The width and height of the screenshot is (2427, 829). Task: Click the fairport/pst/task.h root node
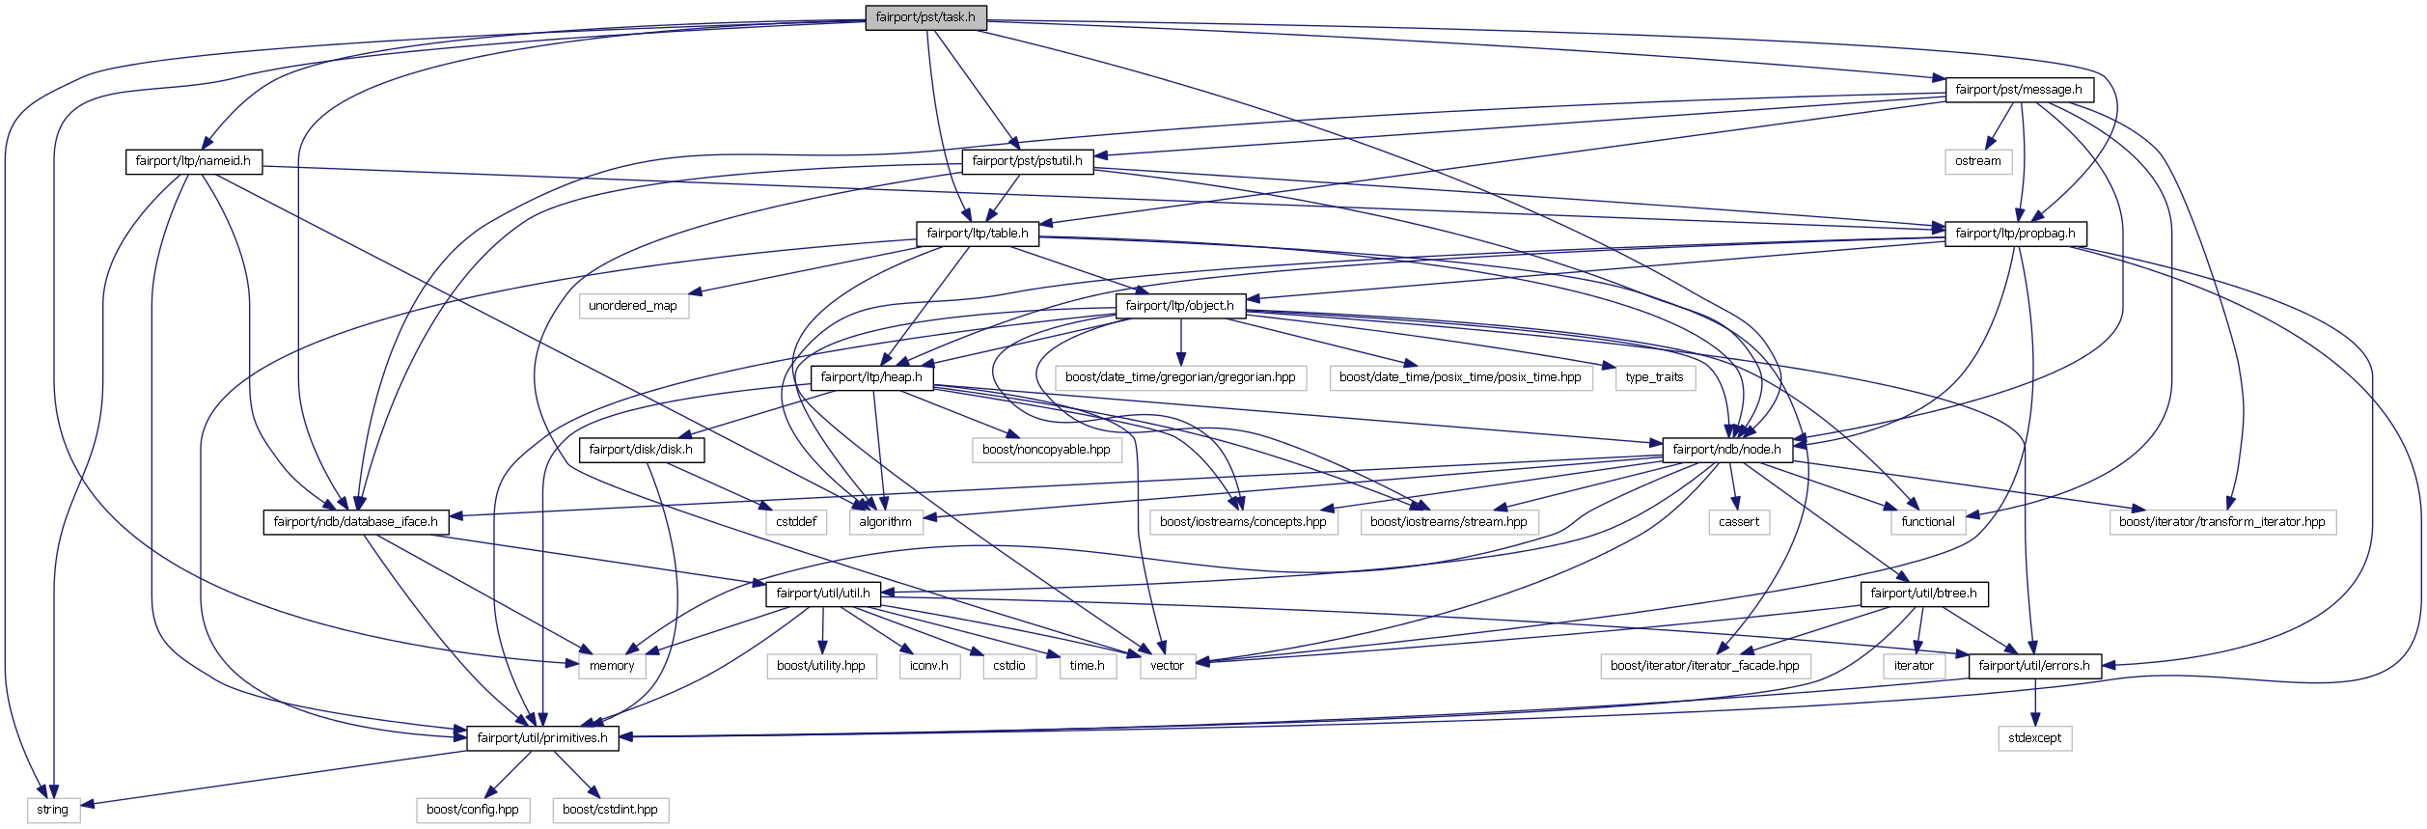925,17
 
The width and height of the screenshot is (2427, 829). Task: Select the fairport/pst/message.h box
2019,90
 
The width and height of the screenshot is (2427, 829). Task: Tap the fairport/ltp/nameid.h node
193,161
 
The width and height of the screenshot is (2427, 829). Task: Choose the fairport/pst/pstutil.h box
1027,161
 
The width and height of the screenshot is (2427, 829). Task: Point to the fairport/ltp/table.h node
978,234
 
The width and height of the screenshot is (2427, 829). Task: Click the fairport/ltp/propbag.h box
2016,234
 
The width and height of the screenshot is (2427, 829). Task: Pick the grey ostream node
1978,161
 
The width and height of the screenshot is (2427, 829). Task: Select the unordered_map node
633,306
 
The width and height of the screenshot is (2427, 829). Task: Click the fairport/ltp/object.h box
1180,306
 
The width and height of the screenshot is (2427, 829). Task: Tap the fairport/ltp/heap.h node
871,377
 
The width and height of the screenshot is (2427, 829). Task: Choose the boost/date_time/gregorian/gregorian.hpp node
1180,377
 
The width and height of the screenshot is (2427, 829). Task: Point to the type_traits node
1654,377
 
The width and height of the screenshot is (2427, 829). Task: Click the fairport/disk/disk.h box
641,450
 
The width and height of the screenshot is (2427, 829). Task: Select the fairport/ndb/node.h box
1727,450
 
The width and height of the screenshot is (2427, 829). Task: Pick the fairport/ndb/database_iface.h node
355,522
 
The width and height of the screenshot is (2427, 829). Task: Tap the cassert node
1739,522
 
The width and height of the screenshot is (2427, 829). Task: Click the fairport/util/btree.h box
1924,594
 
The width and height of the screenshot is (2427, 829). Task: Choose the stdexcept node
2035,738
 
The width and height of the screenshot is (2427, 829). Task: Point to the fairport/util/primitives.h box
543,738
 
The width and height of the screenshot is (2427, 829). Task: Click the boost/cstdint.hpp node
610,810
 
